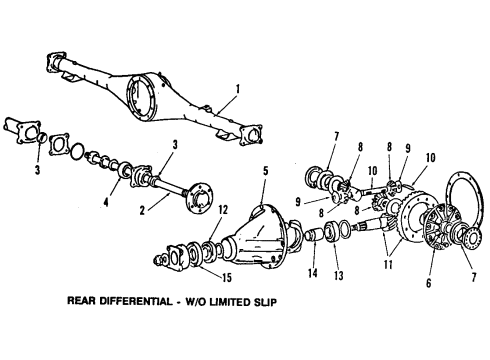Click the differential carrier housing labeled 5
pyautogui.click(x=265, y=240)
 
